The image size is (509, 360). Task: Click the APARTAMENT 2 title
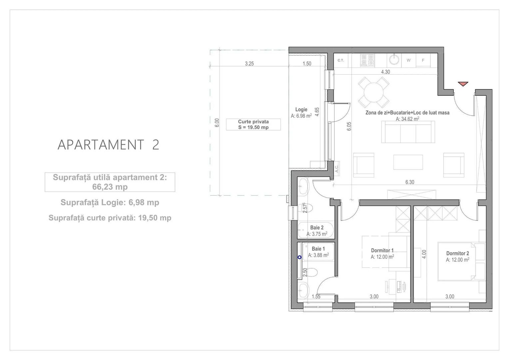(x=108, y=145)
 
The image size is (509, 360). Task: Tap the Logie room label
(x=301, y=110)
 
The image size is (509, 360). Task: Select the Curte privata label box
(x=253, y=124)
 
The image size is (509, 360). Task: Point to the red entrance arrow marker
(x=463, y=84)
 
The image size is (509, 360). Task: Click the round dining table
(x=374, y=91)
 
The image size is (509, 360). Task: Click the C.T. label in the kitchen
(x=341, y=60)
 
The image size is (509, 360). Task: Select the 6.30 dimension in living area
(x=410, y=182)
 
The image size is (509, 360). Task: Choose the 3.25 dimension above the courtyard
(x=249, y=63)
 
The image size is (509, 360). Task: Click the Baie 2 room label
(x=317, y=228)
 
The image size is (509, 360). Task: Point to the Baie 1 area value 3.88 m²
(x=318, y=255)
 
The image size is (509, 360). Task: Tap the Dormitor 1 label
(x=382, y=250)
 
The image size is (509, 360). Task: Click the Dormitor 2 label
(x=458, y=253)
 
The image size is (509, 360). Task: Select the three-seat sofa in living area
(x=408, y=132)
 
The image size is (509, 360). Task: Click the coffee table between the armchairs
(x=408, y=162)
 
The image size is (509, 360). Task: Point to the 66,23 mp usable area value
(x=110, y=187)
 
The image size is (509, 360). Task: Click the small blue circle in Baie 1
(x=299, y=257)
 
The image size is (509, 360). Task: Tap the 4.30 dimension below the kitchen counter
(x=385, y=72)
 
